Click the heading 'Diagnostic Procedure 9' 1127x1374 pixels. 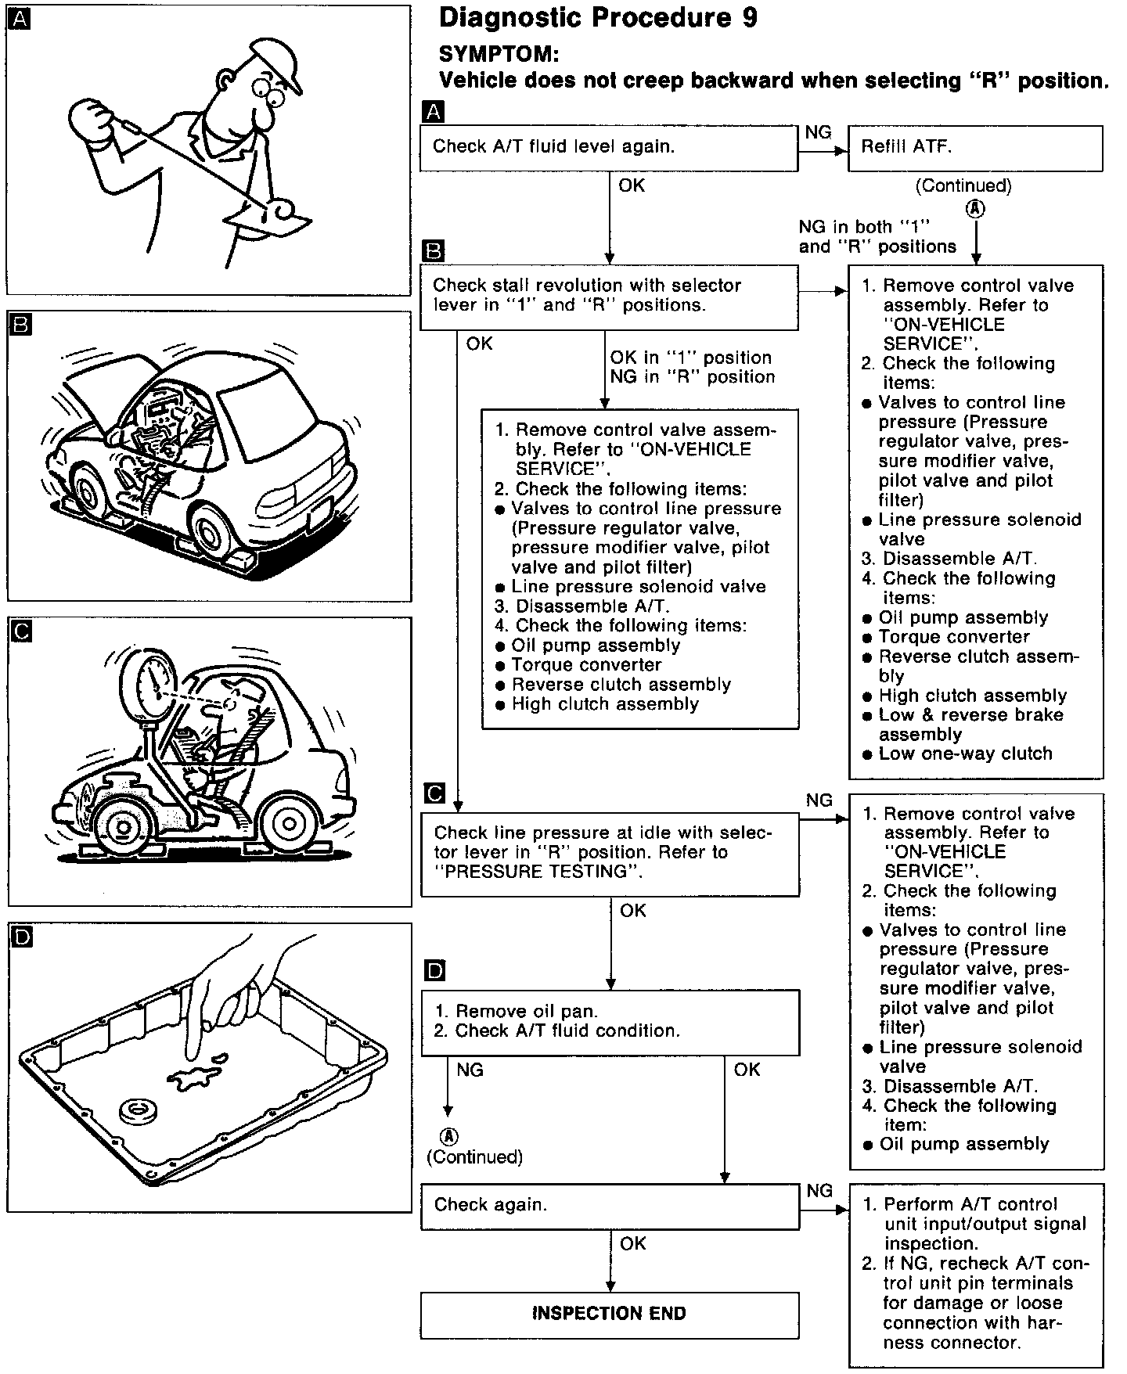pyautogui.click(x=598, y=18)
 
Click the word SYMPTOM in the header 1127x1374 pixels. pyautogui.click(x=499, y=53)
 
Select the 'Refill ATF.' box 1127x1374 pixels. pyautogui.click(x=975, y=147)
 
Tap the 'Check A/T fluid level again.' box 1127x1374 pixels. pyautogui.click(x=608, y=147)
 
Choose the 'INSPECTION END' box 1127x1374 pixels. pyautogui.click(x=610, y=1313)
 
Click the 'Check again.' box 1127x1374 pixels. pyautogui.click(x=610, y=1205)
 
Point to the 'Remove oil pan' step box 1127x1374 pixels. pyautogui.click(x=610, y=1021)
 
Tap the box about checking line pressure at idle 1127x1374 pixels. pyautogui.click(x=610, y=853)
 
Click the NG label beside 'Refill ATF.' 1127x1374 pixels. pyautogui.click(x=818, y=132)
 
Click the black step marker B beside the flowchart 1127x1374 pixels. pyautogui.click(x=433, y=250)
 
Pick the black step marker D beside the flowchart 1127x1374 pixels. pyautogui.click(x=435, y=971)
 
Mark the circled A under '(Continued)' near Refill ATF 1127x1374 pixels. pyautogui.click(x=975, y=209)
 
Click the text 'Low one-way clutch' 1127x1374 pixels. pyautogui.click(x=965, y=754)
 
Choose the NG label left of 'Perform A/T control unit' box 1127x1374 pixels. pyautogui.click(x=819, y=1190)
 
